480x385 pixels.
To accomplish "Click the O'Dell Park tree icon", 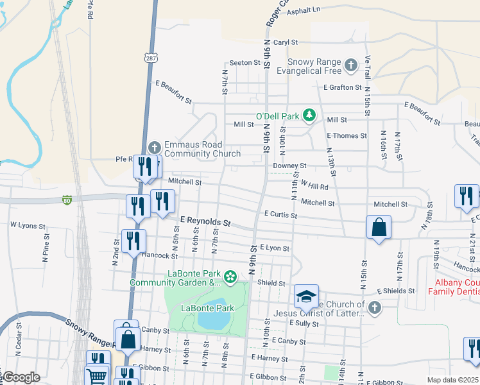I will click(x=310, y=115).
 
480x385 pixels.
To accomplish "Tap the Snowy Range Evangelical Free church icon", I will click(x=350, y=64).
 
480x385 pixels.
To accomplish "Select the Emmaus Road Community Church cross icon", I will click(x=153, y=147).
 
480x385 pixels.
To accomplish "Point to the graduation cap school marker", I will click(x=306, y=296).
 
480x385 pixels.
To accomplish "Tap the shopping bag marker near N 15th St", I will click(x=379, y=228).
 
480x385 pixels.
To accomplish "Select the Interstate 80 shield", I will click(x=67, y=200).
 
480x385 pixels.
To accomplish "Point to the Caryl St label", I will click(x=286, y=42).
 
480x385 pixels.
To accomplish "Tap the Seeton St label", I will click(x=244, y=63).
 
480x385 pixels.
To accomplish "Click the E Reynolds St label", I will click(x=205, y=221).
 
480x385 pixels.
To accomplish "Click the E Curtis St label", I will click(x=280, y=215).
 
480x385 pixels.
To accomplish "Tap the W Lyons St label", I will click(x=28, y=226).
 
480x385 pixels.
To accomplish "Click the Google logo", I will click(x=21, y=377).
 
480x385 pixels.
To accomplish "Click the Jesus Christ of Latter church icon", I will click(x=374, y=309).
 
